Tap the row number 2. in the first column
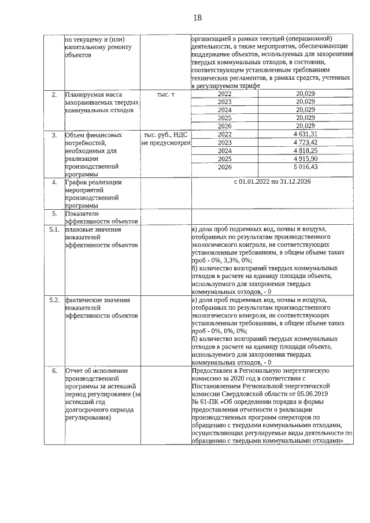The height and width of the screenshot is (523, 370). pos(54,94)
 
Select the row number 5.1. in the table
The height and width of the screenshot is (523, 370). pos(54,230)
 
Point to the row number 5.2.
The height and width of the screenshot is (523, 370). pos(54,301)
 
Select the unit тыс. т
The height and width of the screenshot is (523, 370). pos(165,94)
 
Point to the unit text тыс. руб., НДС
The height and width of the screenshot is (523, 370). pos(165,135)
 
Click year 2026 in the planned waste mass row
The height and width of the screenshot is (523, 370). pos(224,126)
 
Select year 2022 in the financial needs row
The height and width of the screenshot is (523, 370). pos(224,135)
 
